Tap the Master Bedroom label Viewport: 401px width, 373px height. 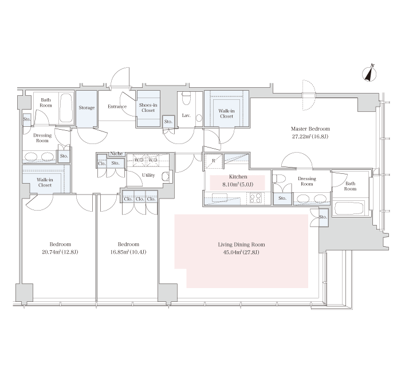click(x=310, y=129)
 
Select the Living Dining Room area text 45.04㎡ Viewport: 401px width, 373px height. click(x=232, y=252)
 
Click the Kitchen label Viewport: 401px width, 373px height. click(x=238, y=177)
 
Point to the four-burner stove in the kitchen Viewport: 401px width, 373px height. click(x=255, y=198)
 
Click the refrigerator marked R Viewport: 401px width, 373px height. click(x=214, y=161)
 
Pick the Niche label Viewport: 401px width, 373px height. click(x=116, y=154)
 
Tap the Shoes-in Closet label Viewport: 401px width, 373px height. click(x=148, y=108)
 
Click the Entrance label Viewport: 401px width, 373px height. click(x=117, y=107)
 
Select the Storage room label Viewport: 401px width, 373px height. click(x=87, y=108)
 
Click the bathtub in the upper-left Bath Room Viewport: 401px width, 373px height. click(x=66, y=108)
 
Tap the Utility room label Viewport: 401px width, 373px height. click(x=148, y=175)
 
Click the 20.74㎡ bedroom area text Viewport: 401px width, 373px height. click(x=51, y=252)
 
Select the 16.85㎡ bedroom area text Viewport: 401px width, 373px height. click(x=119, y=252)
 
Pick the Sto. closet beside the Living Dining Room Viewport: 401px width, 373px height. click(x=323, y=217)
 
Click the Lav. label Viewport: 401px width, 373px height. click(x=186, y=115)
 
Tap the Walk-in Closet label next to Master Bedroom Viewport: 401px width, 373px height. click(x=227, y=114)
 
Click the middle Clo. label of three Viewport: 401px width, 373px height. click(x=140, y=199)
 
